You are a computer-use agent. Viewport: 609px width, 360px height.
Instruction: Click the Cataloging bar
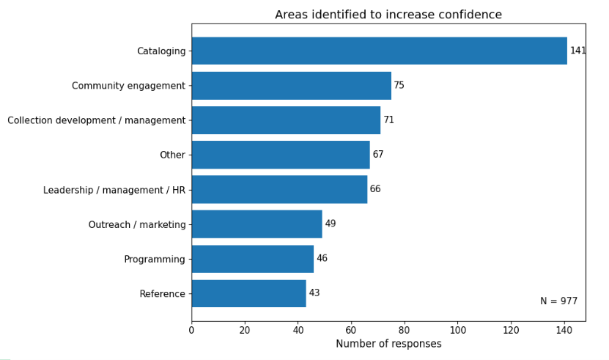click(x=379, y=51)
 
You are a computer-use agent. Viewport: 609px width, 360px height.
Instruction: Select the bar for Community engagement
click(x=291, y=86)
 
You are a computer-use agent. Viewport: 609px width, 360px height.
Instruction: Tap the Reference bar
click(x=248, y=293)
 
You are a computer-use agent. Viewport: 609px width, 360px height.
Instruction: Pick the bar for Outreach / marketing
click(x=256, y=224)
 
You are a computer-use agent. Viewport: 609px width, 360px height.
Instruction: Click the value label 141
click(x=577, y=51)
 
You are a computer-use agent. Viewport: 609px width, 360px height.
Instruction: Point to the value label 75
click(x=399, y=86)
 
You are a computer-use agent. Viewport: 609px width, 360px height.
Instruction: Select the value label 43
click(x=314, y=293)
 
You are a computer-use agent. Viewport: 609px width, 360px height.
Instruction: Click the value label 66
click(x=375, y=189)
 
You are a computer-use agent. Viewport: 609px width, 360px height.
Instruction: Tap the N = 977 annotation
click(x=558, y=301)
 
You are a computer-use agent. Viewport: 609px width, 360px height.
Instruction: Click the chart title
click(x=388, y=15)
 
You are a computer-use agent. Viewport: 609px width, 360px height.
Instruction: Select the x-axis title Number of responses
click(x=388, y=344)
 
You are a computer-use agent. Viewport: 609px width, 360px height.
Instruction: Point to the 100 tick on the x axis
click(x=457, y=329)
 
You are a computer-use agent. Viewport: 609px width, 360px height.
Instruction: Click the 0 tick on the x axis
click(x=192, y=329)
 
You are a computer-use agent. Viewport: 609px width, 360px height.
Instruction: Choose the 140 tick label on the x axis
click(x=564, y=329)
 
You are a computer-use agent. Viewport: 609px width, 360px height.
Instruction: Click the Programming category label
click(x=155, y=260)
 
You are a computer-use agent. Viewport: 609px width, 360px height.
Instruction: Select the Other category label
click(x=172, y=155)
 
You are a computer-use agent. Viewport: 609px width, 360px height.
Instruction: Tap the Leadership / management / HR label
click(x=114, y=190)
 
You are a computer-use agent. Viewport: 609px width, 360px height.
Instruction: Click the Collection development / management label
click(x=97, y=120)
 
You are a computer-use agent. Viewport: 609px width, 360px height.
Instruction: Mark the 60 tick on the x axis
click(x=351, y=329)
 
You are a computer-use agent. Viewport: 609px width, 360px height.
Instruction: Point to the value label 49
click(x=331, y=224)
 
